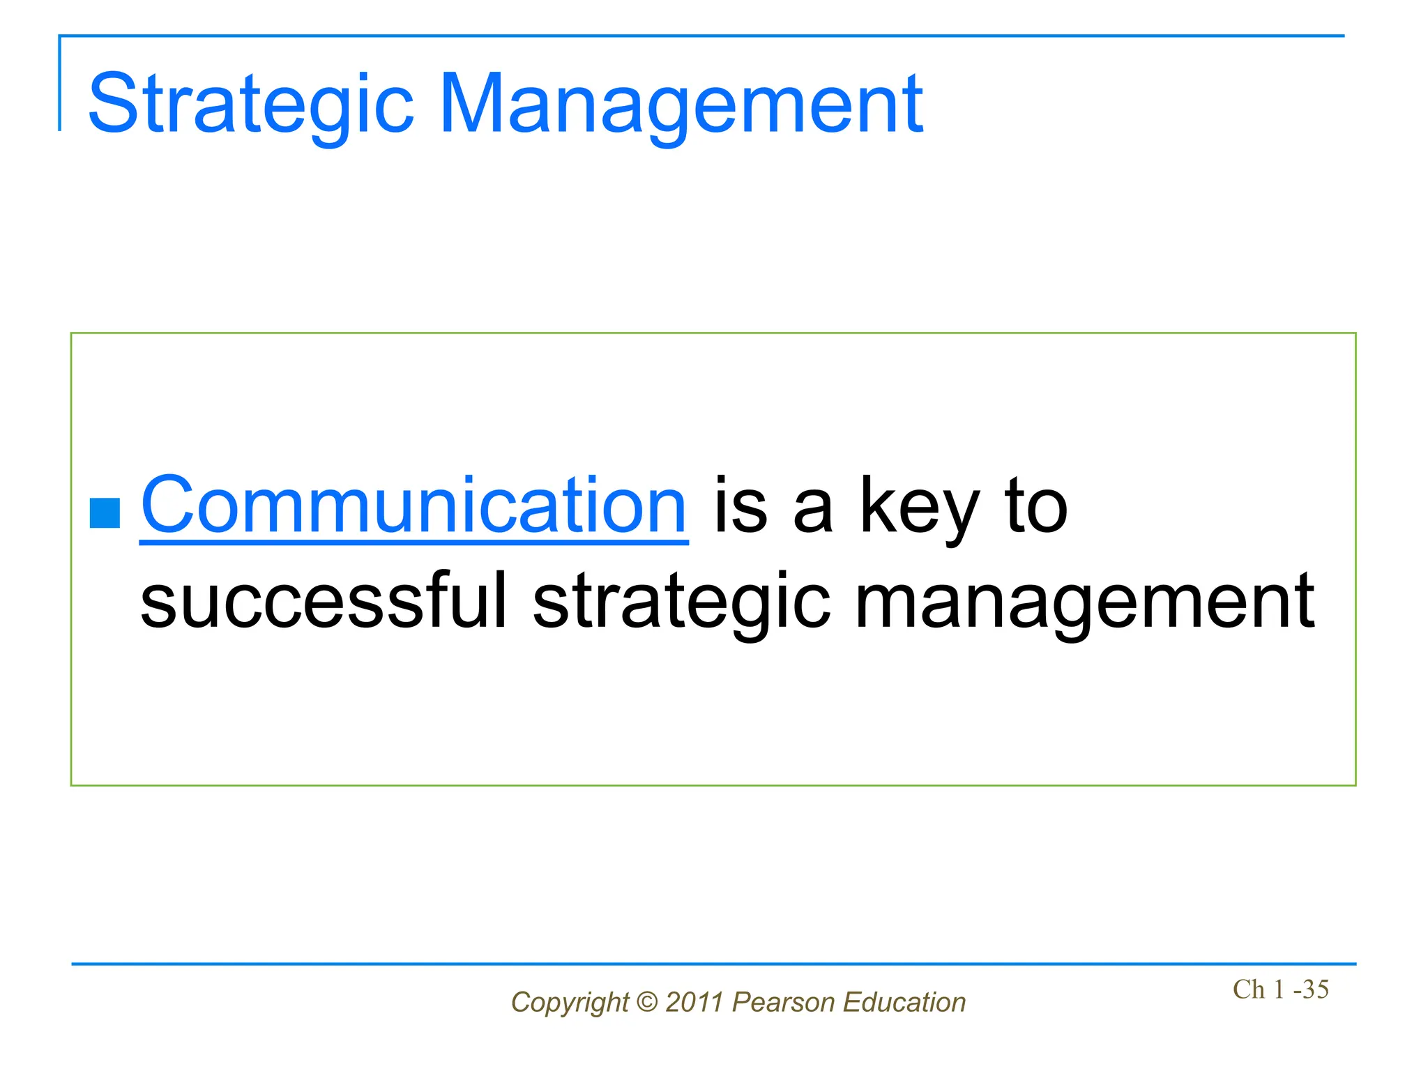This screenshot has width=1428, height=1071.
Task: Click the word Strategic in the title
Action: [x=251, y=105]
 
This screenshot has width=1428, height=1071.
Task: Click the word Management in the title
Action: [x=681, y=105]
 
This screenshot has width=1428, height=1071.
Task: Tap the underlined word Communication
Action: [x=414, y=506]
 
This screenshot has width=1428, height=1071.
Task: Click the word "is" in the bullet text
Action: [x=740, y=506]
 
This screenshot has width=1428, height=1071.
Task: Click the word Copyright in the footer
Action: [x=570, y=1003]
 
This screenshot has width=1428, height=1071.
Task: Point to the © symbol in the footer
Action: [x=647, y=1003]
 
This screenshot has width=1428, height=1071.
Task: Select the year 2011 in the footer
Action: [x=694, y=1003]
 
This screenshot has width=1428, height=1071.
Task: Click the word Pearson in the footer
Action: [x=783, y=1003]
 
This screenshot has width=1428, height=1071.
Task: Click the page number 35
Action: [x=1315, y=989]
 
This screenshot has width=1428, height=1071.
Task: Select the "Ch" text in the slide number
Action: [x=1248, y=989]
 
